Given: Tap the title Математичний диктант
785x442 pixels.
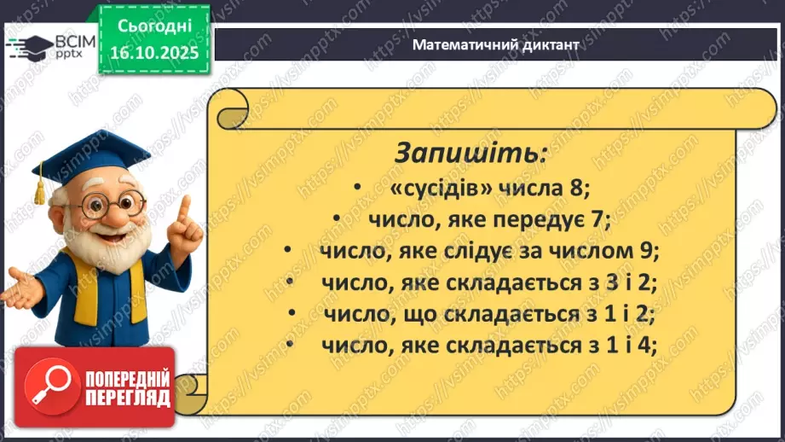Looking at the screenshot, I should pyautogui.click(x=495, y=44).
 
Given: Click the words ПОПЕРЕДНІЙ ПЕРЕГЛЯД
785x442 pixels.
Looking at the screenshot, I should pyautogui.click(x=129, y=389).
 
